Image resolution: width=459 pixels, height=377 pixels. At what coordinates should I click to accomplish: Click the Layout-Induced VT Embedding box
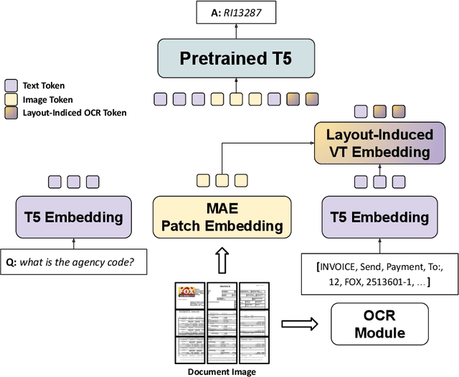pyautogui.click(x=379, y=142)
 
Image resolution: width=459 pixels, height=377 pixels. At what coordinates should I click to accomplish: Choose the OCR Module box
pyautogui.click(x=379, y=324)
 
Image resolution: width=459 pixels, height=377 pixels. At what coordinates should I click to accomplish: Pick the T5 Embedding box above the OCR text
pyautogui.click(x=379, y=217)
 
